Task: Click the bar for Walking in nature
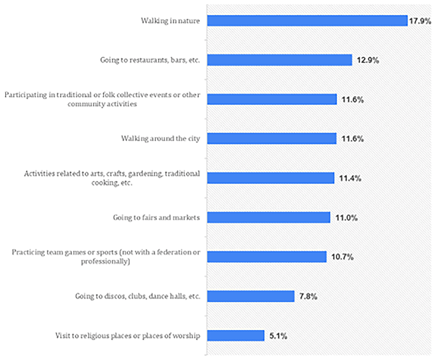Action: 307,21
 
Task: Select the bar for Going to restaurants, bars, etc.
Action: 279,60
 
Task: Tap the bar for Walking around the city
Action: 272,139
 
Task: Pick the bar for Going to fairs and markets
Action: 269,217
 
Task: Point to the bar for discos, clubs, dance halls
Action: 251,296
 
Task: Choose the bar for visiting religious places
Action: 235,336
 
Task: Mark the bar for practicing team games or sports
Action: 267,257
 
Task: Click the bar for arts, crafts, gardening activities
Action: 271,178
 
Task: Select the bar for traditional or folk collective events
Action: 272,99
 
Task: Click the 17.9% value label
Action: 420,21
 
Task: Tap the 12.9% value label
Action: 368,60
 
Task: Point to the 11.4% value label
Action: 350,178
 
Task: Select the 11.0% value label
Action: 346,218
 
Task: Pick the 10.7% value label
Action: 342,257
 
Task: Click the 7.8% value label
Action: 308,297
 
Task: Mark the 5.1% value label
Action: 278,336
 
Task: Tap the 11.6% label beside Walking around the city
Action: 353,139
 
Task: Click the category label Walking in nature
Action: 170,21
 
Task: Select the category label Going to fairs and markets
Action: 156,218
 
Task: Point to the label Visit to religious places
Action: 128,336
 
